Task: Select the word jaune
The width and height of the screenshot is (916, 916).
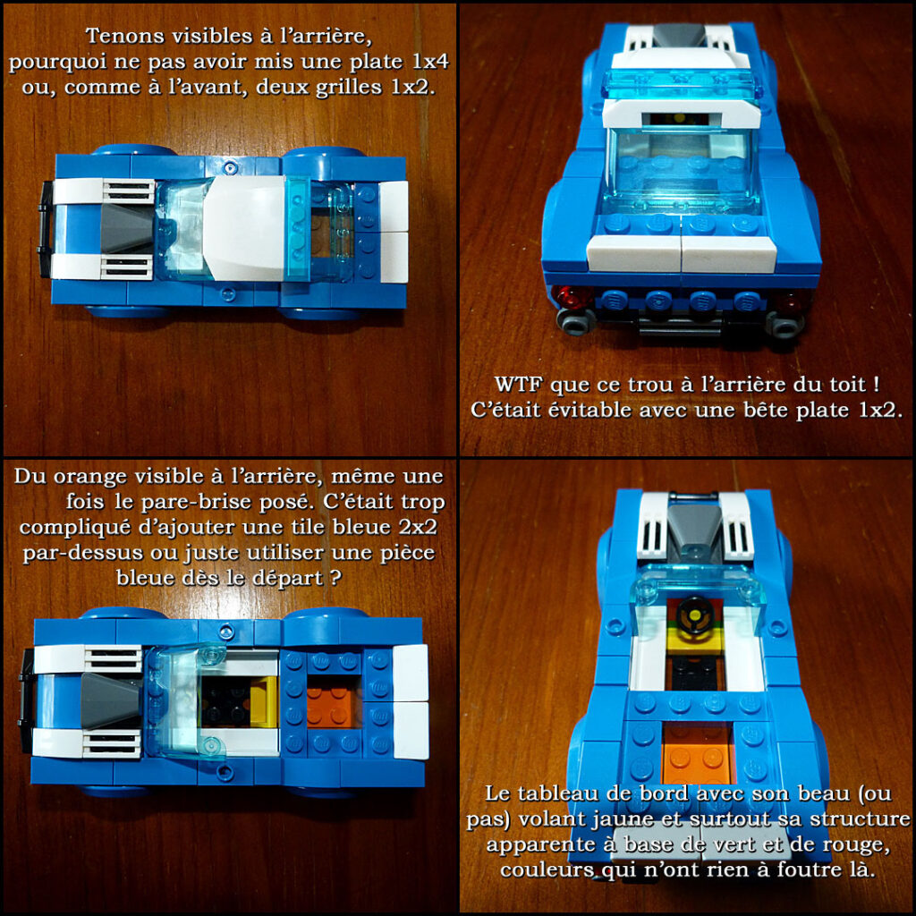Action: (x=622, y=820)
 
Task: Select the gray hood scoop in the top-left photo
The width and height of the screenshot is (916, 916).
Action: (x=127, y=226)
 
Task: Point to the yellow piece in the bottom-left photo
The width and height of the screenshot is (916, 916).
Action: (x=264, y=701)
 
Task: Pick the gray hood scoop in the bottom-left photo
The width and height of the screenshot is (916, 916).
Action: (x=110, y=700)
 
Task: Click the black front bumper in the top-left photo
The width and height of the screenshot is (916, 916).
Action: (x=45, y=228)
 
